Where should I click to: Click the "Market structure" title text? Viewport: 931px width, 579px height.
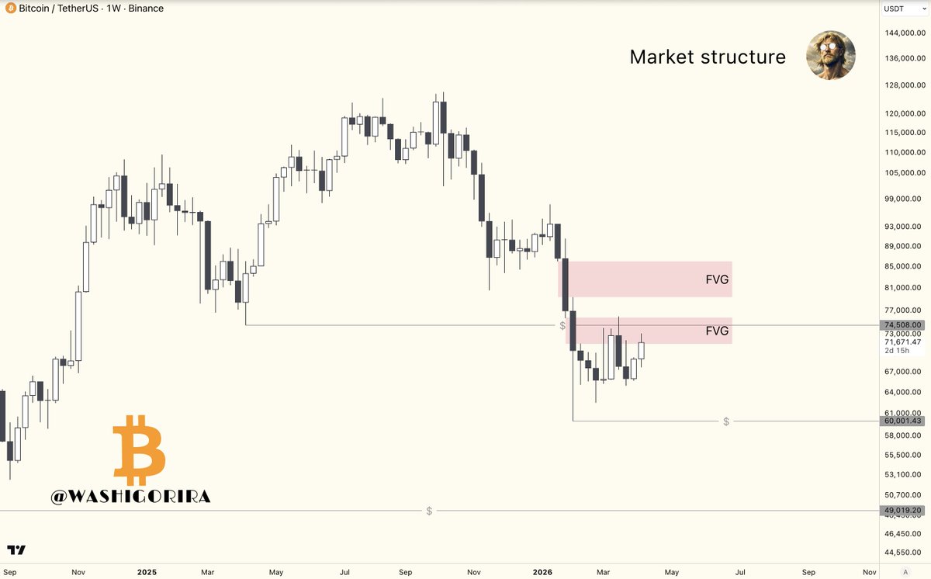708,57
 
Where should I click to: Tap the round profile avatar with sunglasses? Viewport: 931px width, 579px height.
831,55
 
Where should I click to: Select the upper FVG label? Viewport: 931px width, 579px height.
718,279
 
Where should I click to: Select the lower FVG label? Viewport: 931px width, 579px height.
718,331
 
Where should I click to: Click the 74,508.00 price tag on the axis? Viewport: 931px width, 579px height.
902,325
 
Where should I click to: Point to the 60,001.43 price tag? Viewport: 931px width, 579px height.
902,421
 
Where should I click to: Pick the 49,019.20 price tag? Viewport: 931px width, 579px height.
902,511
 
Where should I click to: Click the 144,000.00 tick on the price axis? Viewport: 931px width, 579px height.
905,33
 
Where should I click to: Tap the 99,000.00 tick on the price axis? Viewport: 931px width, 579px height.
905,199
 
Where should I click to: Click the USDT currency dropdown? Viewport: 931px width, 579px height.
904,9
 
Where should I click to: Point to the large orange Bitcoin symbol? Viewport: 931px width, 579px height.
139,450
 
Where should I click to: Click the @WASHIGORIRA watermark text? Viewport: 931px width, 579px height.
130,496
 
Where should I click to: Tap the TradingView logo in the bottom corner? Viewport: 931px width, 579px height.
16,550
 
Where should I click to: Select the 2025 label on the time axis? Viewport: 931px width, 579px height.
147,571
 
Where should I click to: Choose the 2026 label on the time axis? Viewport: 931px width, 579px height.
542,571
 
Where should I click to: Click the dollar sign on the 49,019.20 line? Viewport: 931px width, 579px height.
429,511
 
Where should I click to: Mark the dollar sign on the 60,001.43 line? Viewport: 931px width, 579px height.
726,421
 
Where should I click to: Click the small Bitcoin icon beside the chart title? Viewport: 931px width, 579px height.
10,9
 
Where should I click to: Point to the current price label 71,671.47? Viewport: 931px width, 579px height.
903,342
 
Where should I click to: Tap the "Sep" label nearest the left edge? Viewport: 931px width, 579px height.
9,571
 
